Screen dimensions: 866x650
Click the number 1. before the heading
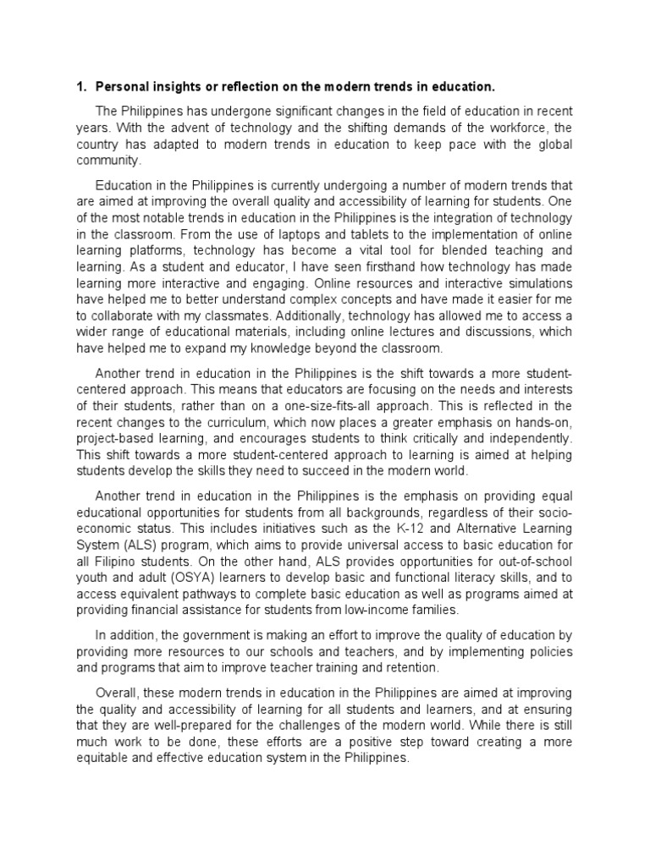[81, 86]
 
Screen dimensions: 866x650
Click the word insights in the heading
[175, 86]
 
